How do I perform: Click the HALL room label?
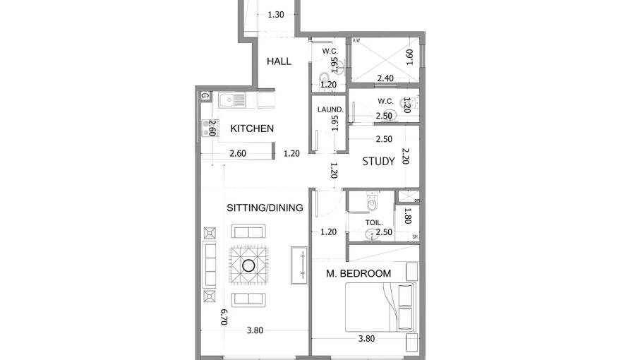[279, 61]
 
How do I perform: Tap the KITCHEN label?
[252, 128]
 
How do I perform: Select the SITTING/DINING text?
[265, 208]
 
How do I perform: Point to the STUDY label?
[378, 162]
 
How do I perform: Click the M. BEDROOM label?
[358, 273]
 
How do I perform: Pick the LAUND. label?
[330, 109]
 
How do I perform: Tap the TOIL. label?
[373, 222]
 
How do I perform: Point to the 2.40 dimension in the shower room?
[385, 78]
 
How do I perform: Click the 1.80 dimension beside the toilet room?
[408, 215]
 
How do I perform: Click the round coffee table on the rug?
[248, 265]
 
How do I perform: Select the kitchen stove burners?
[205, 128]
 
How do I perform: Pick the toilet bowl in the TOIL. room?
[373, 205]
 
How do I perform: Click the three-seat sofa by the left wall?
[210, 265]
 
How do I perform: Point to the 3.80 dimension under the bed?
[366, 338]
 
